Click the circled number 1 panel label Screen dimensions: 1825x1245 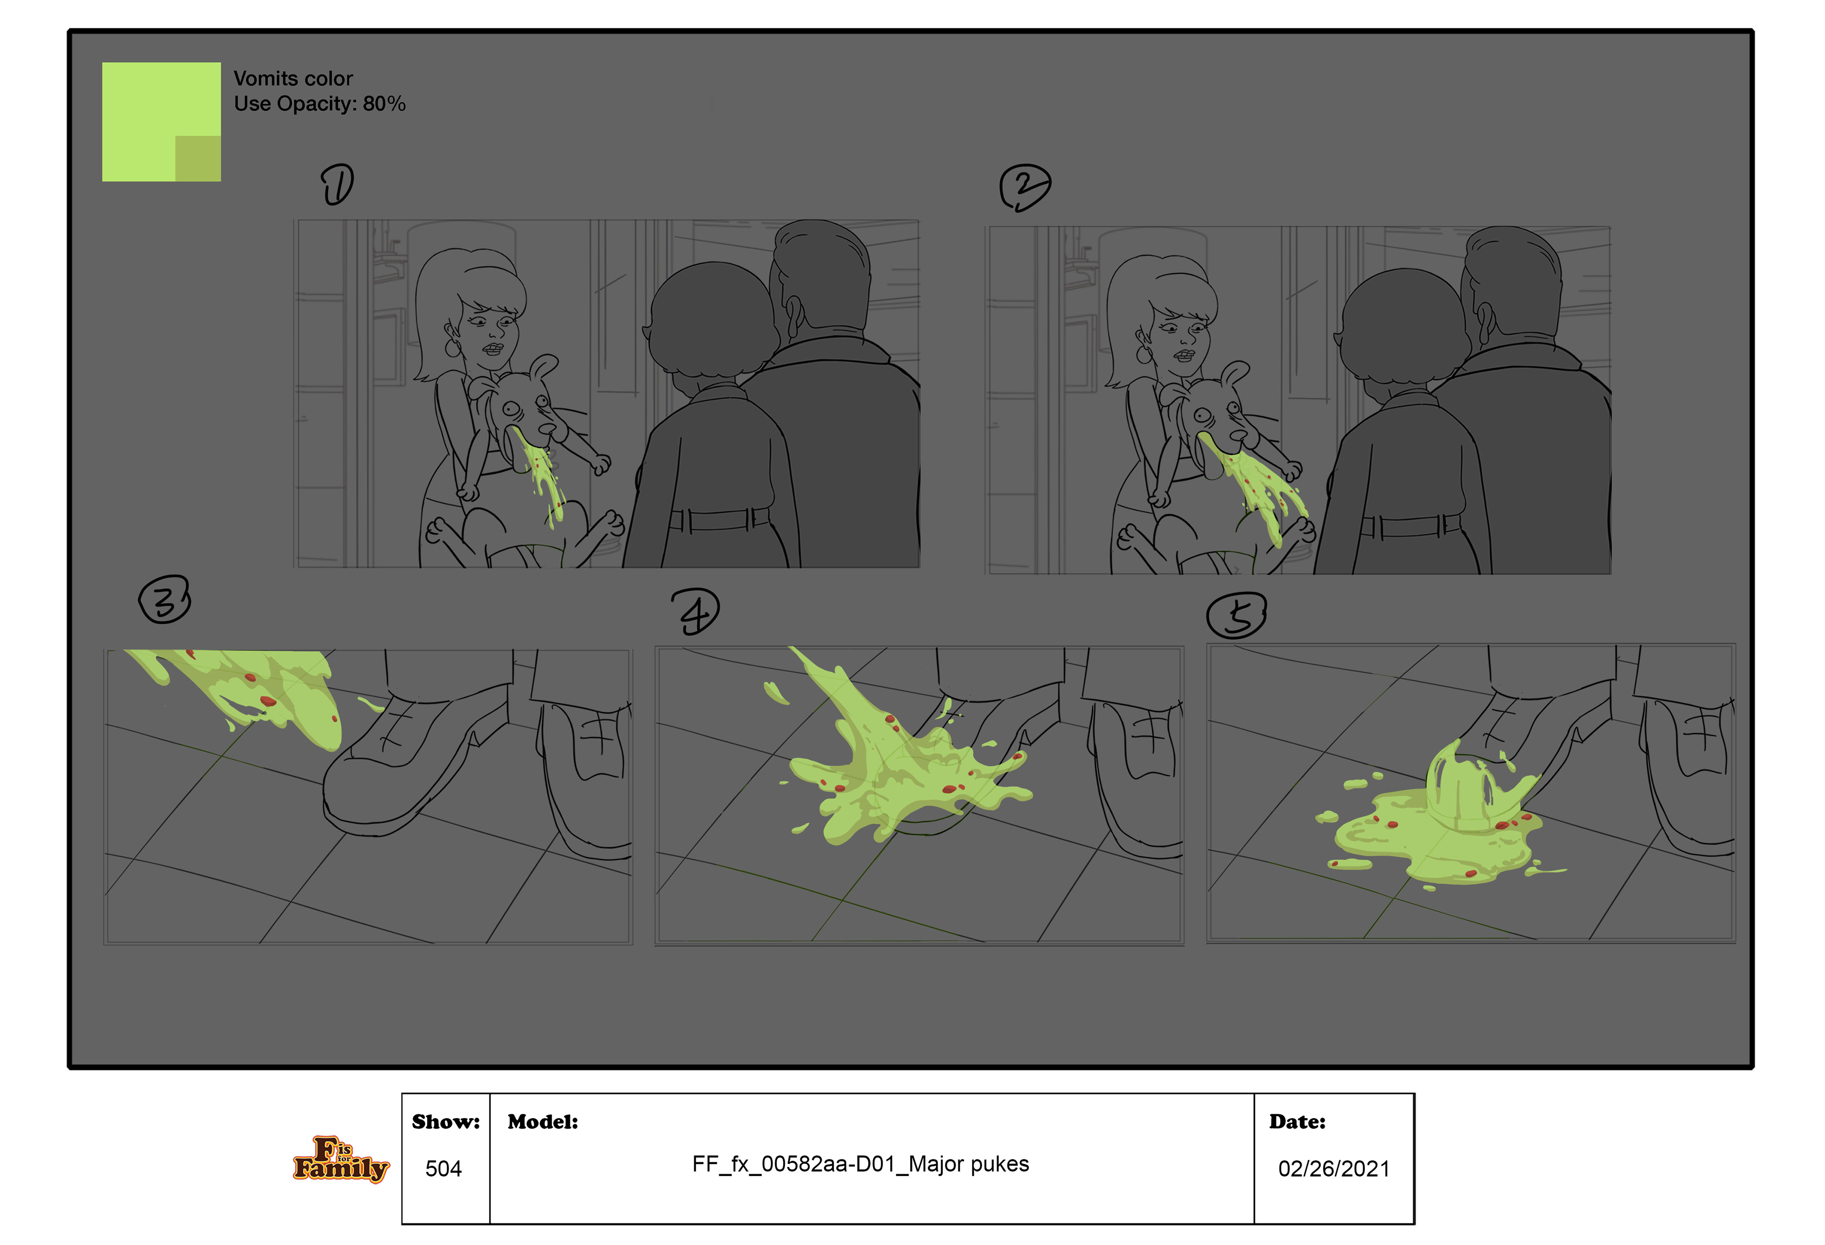coord(337,184)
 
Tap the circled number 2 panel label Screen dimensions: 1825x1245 coord(1024,187)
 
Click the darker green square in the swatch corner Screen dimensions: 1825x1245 coord(198,159)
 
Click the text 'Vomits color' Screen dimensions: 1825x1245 coord(293,78)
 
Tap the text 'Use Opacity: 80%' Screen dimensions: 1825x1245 coord(319,104)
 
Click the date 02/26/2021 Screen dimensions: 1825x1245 coord(1334,1169)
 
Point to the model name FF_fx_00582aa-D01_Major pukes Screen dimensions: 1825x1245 coord(860,1164)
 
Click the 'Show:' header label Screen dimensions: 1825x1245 coord(445,1122)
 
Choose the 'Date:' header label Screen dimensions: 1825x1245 coord(1297,1122)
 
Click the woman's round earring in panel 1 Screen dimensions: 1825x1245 coord(453,346)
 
